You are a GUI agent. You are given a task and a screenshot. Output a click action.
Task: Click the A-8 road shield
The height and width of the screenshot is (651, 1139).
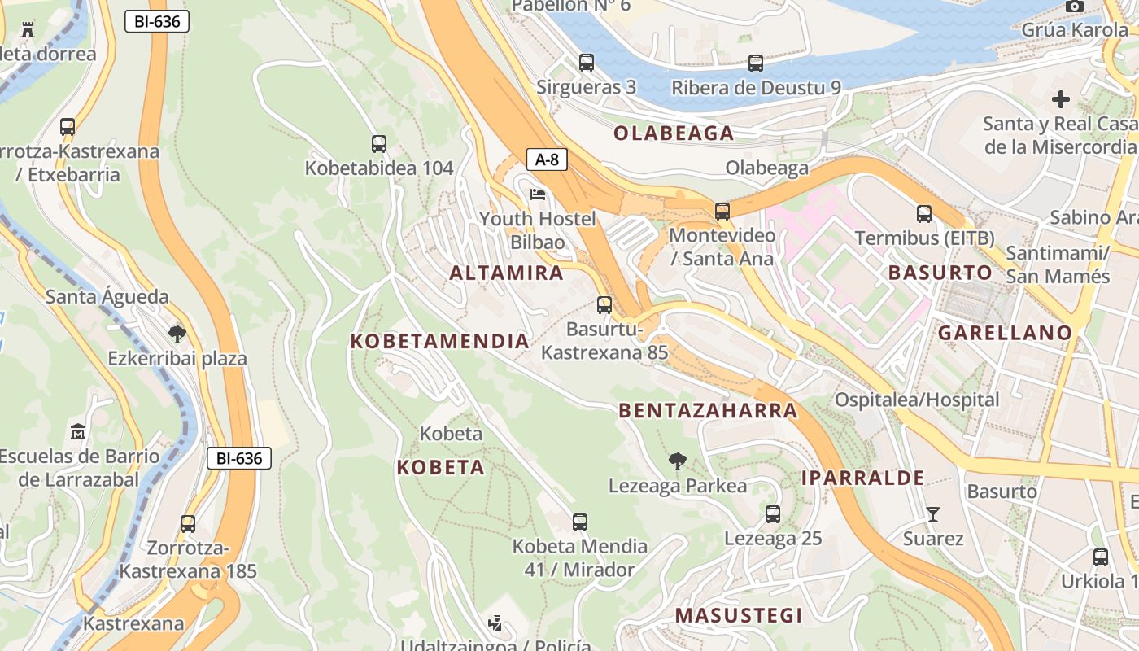(547, 159)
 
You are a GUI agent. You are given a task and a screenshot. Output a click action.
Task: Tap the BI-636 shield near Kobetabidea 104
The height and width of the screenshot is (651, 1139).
(157, 22)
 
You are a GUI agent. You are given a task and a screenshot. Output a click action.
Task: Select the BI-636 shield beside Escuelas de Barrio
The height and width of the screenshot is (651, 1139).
(238, 458)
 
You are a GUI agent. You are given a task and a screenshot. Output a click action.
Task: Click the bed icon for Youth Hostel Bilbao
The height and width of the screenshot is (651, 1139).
(538, 194)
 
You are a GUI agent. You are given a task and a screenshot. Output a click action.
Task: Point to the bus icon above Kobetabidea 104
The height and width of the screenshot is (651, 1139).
(379, 144)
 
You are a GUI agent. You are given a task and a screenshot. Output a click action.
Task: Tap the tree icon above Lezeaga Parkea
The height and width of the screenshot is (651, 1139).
(677, 461)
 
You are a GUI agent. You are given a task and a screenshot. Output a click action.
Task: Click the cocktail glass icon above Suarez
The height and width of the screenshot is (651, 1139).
(932, 514)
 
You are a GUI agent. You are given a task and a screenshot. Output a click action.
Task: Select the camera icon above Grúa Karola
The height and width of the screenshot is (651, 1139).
(1075, 7)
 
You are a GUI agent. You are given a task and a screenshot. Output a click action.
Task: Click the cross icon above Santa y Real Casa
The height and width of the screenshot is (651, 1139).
(1060, 99)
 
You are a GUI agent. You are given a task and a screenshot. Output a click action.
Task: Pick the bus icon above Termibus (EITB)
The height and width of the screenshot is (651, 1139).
(924, 214)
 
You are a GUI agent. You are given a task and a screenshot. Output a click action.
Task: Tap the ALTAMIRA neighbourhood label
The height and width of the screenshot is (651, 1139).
(506, 273)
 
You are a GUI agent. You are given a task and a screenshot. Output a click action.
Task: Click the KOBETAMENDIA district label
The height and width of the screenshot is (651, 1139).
(439, 342)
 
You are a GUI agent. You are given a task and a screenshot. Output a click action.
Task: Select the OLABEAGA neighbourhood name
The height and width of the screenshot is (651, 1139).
(674, 133)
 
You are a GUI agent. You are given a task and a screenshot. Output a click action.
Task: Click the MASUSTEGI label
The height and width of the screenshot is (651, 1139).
(739, 615)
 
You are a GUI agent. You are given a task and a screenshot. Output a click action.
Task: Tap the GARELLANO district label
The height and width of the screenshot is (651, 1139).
(1005, 333)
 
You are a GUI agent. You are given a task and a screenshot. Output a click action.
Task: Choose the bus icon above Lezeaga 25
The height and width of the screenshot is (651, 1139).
(773, 514)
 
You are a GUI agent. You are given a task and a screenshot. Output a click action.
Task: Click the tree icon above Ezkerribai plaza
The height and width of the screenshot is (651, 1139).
(177, 334)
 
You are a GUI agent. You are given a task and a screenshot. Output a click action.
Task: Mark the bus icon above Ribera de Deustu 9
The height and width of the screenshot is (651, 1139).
(756, 63)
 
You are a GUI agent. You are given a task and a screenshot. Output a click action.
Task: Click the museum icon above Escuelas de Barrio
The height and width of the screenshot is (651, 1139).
(78, 431)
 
